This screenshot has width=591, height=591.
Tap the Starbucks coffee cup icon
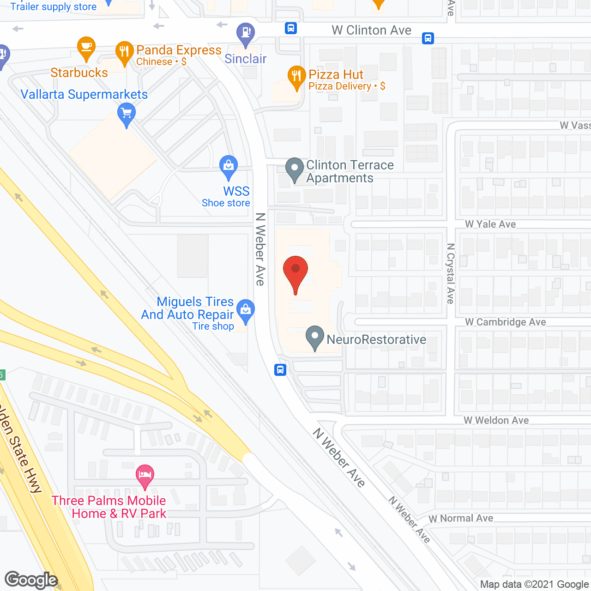(86, 47)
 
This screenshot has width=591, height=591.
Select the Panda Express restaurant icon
(124, 52)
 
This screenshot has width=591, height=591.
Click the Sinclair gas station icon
(246, 33)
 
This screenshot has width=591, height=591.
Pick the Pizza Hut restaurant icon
(296, 76)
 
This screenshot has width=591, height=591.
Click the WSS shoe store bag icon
(229, 165)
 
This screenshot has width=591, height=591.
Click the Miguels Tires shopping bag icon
(246, 309)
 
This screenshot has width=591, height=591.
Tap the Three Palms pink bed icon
(145, 475)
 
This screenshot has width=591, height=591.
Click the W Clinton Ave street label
(371, 30)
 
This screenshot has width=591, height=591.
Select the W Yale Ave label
(490, 224)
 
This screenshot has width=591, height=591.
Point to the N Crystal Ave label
(451, 273)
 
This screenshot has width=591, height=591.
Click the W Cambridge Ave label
(505, 322)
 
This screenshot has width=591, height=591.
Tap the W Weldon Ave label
(496, 421)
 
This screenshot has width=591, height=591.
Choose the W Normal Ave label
(461, 519)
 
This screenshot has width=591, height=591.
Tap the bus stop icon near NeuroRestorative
(280, 370)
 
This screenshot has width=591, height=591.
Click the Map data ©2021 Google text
(535, 585)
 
